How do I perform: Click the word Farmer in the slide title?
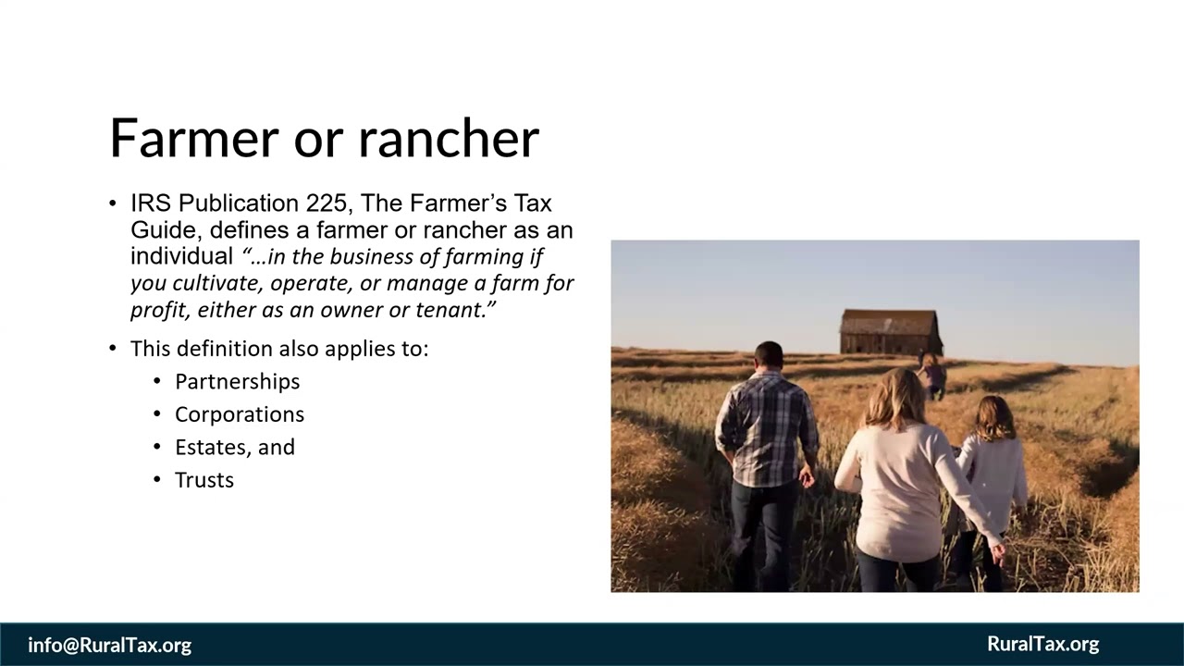click(194, 139)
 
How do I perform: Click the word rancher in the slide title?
click(449, 139)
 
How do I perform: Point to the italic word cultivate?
click(217, 283)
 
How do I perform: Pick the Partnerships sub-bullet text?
click(238, 382)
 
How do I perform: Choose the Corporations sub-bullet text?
click(240, 414)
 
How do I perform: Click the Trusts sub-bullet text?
click(204, 480)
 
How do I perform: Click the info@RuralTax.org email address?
click(109, 645)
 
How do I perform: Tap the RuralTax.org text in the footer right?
click(1042, 644)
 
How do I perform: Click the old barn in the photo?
click(891, 331)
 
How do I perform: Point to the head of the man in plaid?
click(769, 355)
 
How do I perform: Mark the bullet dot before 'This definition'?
click(113, 349)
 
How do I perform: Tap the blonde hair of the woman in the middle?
click(895, 399)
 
